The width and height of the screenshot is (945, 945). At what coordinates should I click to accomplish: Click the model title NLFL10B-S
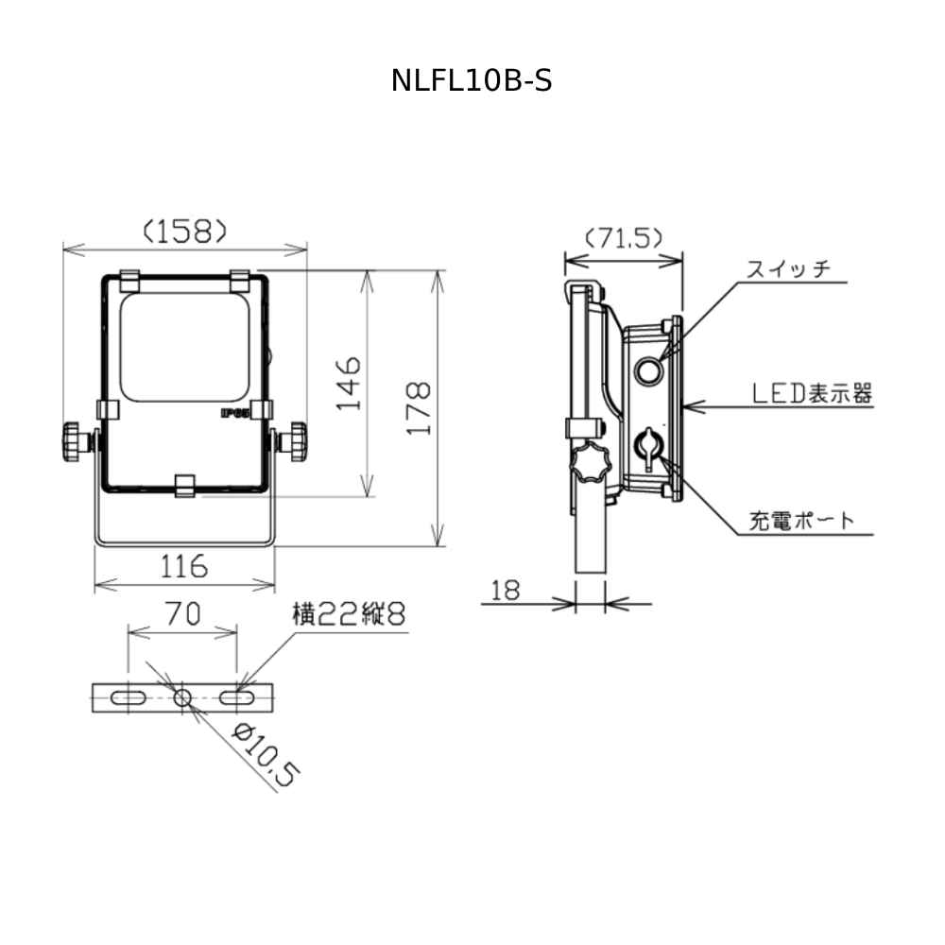click(x=472, y=81)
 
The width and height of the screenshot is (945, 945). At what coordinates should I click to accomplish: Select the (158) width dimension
click(x=184, y=232)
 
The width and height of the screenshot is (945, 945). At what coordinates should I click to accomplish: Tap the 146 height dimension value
click(x=349, y=383)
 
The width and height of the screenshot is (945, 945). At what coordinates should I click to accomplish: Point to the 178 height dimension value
click(x=420, y=407)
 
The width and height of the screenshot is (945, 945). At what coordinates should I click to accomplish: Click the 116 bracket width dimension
click(x=183, y=567)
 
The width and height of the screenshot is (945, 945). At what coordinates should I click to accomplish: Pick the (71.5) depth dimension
click(x=623, y=237)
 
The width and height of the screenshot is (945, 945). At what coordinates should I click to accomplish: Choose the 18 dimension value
click(x=507, y=591)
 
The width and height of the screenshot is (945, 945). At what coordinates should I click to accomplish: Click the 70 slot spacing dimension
click(x=182, y=615)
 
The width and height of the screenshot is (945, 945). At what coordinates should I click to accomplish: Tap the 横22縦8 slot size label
click(x=348, y=615)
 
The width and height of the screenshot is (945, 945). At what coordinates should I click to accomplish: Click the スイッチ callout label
click(x=788, y=268)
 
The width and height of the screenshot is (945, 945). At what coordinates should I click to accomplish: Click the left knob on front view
click(x=75, y=442)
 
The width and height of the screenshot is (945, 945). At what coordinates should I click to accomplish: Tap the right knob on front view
click(x=296, y=442)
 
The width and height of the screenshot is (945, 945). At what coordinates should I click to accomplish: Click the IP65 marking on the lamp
click(x=233, y=413)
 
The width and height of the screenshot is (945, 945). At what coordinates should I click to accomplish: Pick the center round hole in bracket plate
click(x=182, y=698)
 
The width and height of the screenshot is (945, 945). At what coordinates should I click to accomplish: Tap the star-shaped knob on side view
click(x=591, y=463)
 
